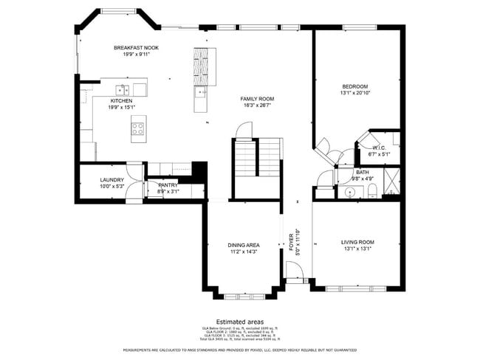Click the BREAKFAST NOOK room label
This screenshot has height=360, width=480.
(136, 48)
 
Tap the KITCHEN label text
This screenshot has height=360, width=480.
(122, 100)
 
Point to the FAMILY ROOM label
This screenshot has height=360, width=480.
(257, 99)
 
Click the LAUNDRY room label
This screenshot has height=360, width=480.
(112, 179)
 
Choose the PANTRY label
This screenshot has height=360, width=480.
(168, 185)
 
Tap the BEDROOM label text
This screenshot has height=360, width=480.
(354, 86)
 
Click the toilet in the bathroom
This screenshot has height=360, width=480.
(373, 192)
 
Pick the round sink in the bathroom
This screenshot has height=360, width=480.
(349, 192)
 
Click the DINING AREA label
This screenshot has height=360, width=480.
(242, 245)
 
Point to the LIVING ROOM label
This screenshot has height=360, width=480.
(357, 242)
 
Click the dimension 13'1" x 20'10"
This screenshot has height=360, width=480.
(354, 93)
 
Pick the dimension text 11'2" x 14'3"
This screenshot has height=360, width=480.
(242, 252)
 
